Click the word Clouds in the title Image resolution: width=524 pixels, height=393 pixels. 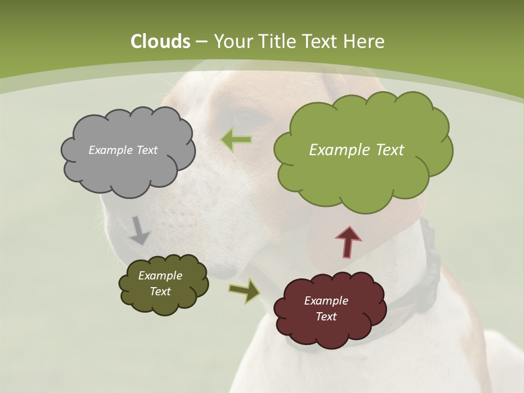[160, 41]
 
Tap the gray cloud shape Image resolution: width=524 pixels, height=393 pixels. [127, 169]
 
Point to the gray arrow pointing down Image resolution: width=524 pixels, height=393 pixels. [139, 230]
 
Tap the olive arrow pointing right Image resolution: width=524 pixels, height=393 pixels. [245, 290]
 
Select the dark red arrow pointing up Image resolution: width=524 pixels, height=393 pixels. [348, 241]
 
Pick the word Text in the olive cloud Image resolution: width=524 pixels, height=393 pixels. [160, 291]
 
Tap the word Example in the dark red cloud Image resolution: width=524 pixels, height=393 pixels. [326, 301]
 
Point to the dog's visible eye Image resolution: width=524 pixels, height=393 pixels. [245, 116]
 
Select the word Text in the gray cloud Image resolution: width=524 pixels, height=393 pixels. [147, 150]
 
